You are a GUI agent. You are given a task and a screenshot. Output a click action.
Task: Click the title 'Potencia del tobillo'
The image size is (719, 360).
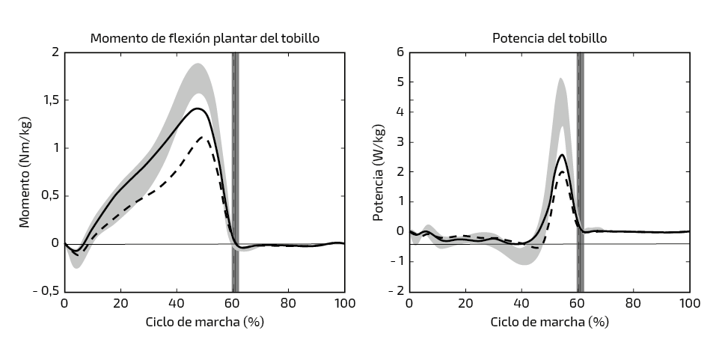coord(549,38)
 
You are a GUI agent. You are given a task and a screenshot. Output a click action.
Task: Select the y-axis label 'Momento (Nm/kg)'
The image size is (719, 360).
coord(25,172)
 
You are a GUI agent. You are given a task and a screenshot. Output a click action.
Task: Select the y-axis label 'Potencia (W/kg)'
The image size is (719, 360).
coord(379,172)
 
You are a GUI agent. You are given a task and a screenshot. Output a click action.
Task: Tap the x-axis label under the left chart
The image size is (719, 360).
coord(204,322)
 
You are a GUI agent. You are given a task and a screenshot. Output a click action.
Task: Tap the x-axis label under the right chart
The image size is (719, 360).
coord(549,322)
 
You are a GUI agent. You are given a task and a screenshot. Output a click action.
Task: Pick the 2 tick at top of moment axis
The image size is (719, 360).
coord(55,52)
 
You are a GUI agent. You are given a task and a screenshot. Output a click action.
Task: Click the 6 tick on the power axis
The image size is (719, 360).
coord(400,52)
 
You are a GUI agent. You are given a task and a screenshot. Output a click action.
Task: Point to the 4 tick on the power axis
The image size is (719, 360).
coord(400,112)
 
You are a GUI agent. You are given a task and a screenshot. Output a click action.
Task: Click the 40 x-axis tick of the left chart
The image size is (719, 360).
coord(177,304)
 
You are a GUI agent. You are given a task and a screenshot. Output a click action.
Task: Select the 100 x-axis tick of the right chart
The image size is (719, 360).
coord(689,304)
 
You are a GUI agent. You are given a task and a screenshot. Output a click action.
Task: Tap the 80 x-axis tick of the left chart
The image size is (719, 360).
coord(289,304)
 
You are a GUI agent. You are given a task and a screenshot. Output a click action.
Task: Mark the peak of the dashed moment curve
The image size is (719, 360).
coord(201,137)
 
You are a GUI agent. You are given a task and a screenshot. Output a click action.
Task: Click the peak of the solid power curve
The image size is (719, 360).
coord(562,155)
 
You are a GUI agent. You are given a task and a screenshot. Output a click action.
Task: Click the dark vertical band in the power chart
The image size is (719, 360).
coord(580,172)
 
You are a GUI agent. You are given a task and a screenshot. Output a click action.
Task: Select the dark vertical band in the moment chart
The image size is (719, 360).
coord(235,172)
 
